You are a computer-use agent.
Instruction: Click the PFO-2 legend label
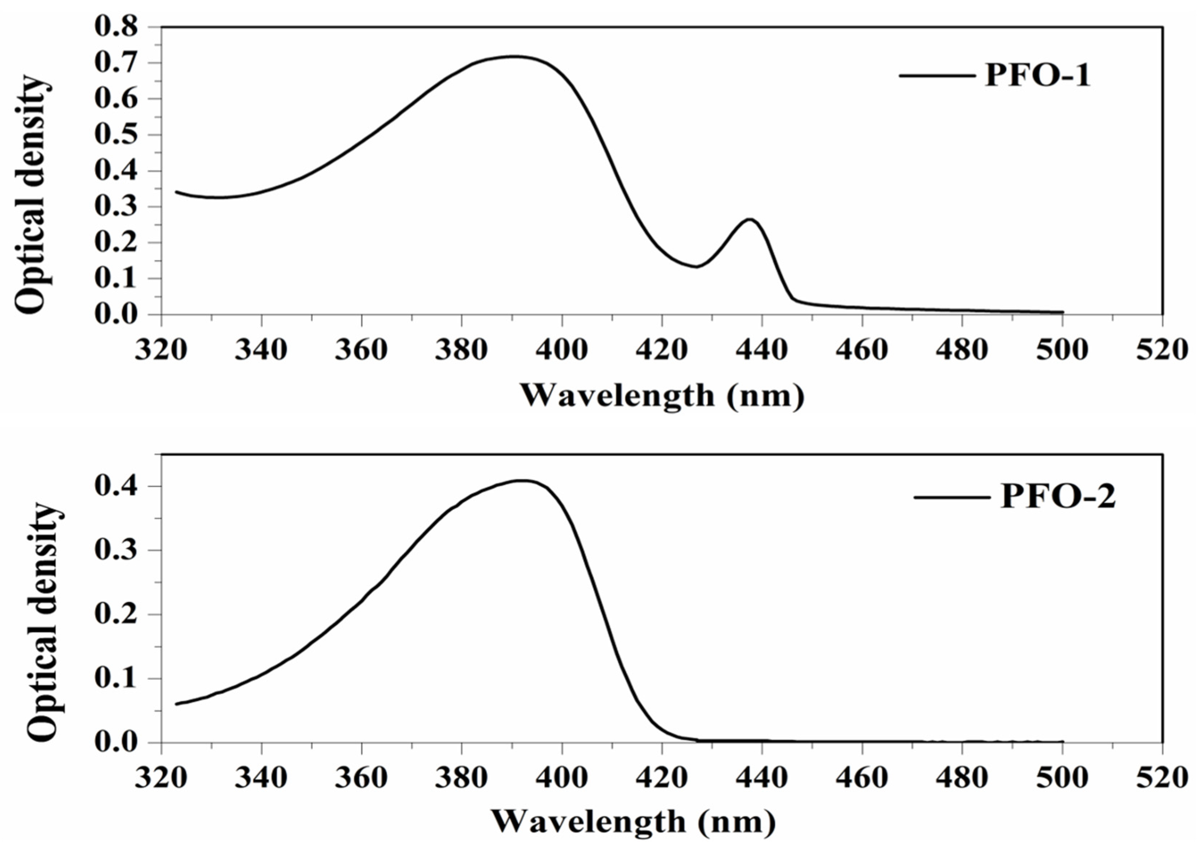point(1058,496)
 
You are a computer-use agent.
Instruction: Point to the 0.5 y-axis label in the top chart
point(116,135)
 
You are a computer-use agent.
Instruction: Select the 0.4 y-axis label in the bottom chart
point(116,486)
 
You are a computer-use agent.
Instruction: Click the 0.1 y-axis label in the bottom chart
point(116,678)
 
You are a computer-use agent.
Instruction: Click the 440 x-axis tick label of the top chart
point(762,350)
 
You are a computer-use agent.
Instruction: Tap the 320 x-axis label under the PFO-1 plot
point(161,350)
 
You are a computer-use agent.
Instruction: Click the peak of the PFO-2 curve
point(521,480)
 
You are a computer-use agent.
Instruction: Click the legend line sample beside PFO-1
point(936,76)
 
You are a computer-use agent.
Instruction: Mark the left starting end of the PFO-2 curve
point(176,703)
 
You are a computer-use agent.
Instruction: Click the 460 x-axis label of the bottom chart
point(862,778)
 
